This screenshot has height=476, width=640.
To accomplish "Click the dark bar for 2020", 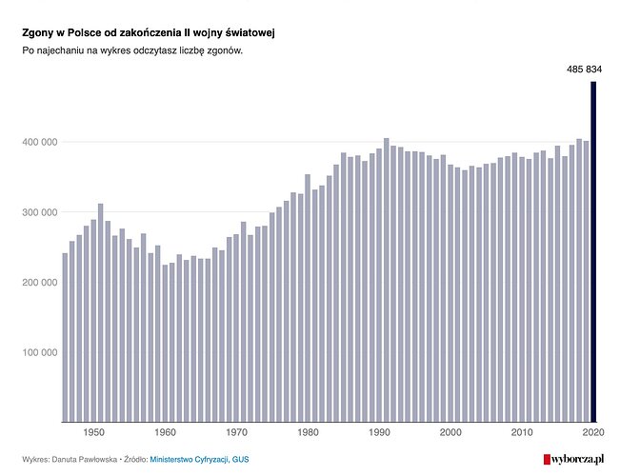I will coord(592,252).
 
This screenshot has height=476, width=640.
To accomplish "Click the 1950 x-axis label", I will coord(93,433).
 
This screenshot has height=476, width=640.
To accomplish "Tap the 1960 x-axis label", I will coord(164,433).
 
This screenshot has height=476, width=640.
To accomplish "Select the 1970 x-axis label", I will coord(236,433).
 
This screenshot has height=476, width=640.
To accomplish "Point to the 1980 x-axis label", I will coord(308,433).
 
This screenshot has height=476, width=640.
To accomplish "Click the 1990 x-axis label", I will coord(379,433).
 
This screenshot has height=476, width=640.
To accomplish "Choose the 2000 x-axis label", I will coord(450,433).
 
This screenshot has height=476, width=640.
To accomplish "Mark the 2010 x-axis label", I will coord(521,433).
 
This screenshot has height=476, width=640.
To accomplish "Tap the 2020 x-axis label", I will coord(592,433).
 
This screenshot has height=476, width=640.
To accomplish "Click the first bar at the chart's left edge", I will coord(65,337).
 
